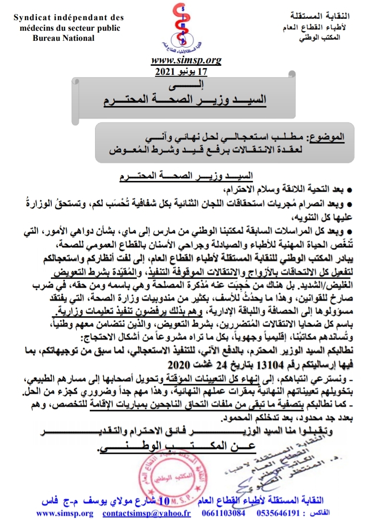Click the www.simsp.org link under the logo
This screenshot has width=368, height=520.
point(186,60)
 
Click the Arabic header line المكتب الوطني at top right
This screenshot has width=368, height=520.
point(319,37)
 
